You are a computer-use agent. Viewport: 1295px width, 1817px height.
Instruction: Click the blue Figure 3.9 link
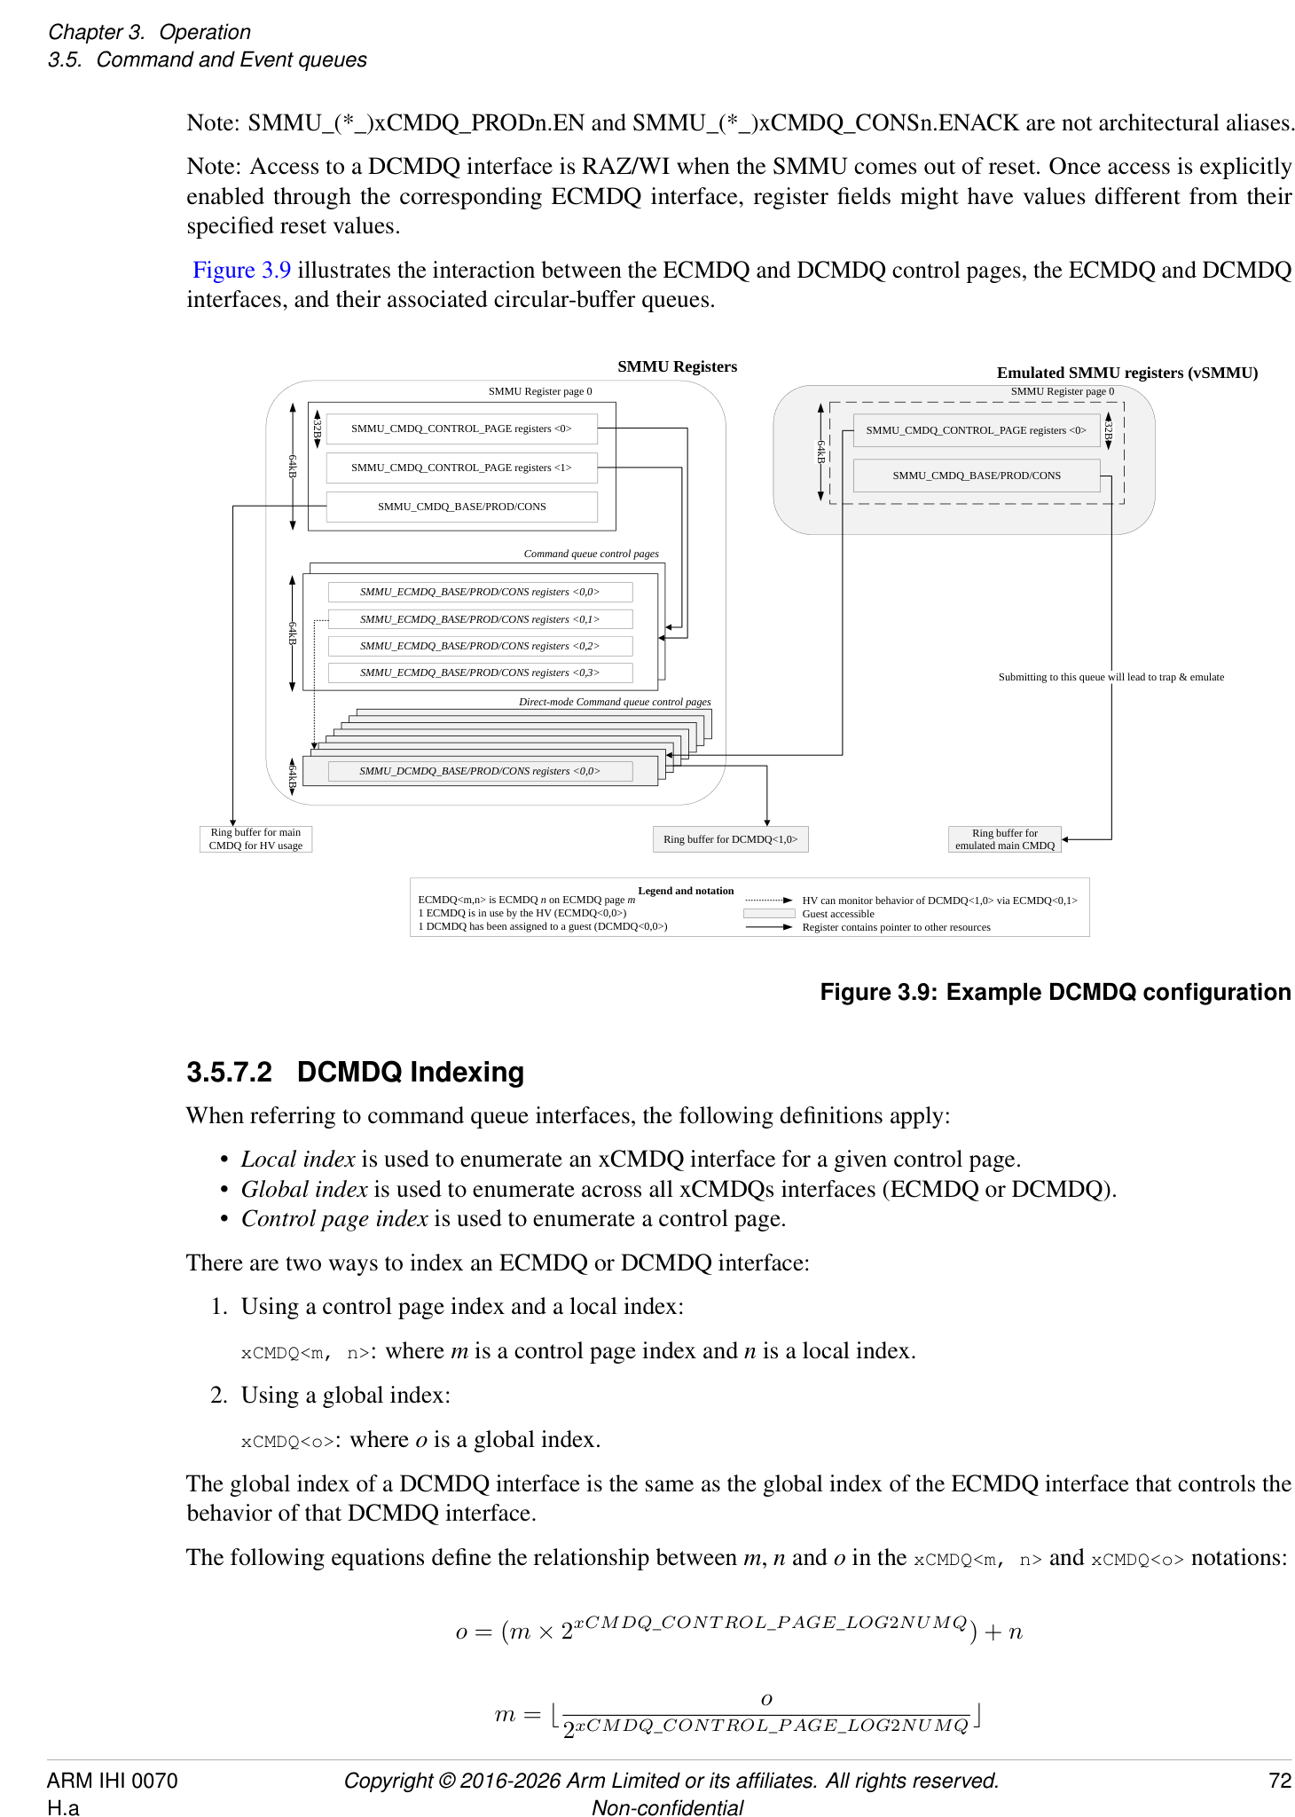point(241,270)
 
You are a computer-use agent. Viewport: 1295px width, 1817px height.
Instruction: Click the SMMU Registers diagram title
point(677,366)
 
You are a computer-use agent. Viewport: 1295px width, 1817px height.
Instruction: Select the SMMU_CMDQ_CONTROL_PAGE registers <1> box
point(461,468)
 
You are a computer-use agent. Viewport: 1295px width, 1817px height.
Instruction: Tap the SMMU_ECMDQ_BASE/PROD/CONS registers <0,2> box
point(480,646)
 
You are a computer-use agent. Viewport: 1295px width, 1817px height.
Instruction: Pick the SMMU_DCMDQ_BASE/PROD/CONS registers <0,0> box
point(480,771)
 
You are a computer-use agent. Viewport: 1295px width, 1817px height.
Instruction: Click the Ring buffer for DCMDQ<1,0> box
point(730,839)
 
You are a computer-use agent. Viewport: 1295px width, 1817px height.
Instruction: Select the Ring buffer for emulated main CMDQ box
point(1004,839)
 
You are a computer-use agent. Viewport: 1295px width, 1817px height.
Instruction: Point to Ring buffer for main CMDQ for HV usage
point(255,839)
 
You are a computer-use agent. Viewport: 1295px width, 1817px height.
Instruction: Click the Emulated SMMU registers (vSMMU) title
point(1126,373)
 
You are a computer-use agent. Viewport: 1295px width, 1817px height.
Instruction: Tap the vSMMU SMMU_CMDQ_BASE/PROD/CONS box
point(976,476)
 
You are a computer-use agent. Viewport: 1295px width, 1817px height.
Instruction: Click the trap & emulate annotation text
point(1111,677)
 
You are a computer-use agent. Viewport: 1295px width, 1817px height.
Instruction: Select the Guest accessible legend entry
point(837,914)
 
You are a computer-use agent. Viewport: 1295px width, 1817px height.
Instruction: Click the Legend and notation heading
point(686,891)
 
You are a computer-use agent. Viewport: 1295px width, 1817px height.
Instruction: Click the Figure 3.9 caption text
point(1055,992)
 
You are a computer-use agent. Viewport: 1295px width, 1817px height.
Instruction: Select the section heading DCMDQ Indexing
point(410,1072)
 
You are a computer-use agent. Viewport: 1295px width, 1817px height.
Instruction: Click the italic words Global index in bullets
point(304,1189)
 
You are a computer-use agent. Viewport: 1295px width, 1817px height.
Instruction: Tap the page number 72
point(1279,1781)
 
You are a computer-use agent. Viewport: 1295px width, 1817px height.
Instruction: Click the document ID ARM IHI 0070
point(112,1781)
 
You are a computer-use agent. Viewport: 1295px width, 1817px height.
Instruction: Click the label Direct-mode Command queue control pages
point(615,702)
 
